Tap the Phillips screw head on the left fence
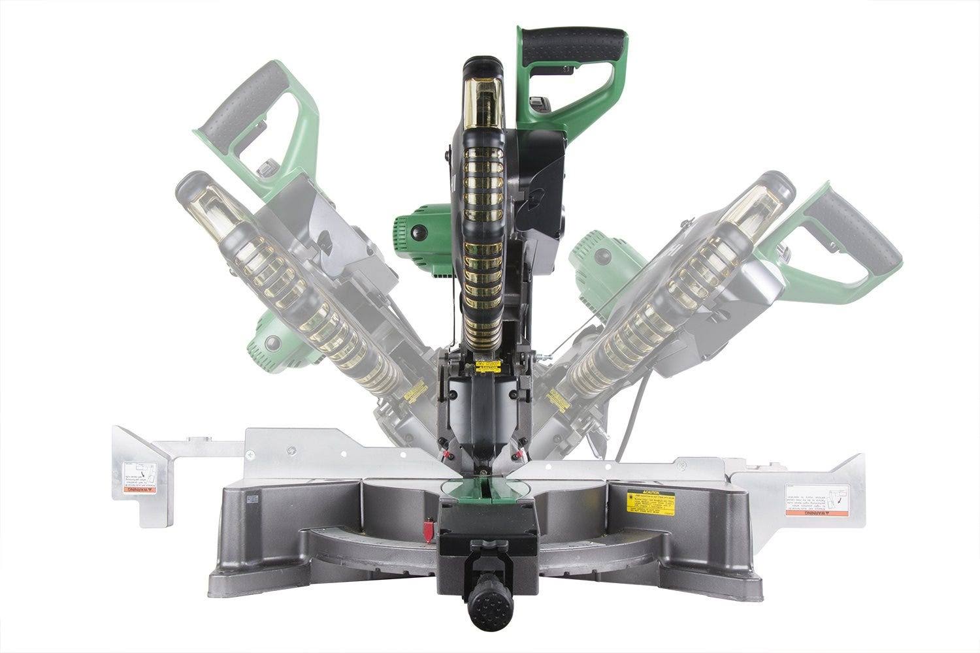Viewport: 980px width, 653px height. (x=250, y=453)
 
